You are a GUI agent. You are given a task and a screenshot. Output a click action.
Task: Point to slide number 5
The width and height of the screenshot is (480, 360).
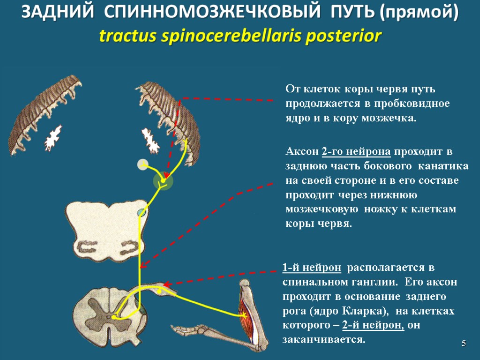click(x=463, y=344)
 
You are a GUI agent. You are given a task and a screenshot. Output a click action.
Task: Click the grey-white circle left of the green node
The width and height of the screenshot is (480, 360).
click(x=142, y=165)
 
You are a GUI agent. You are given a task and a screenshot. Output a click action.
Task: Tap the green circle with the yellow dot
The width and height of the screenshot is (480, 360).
click(x=163, y=181)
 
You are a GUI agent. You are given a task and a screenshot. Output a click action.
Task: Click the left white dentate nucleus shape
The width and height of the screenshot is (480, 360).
click(x=53, y=136)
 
